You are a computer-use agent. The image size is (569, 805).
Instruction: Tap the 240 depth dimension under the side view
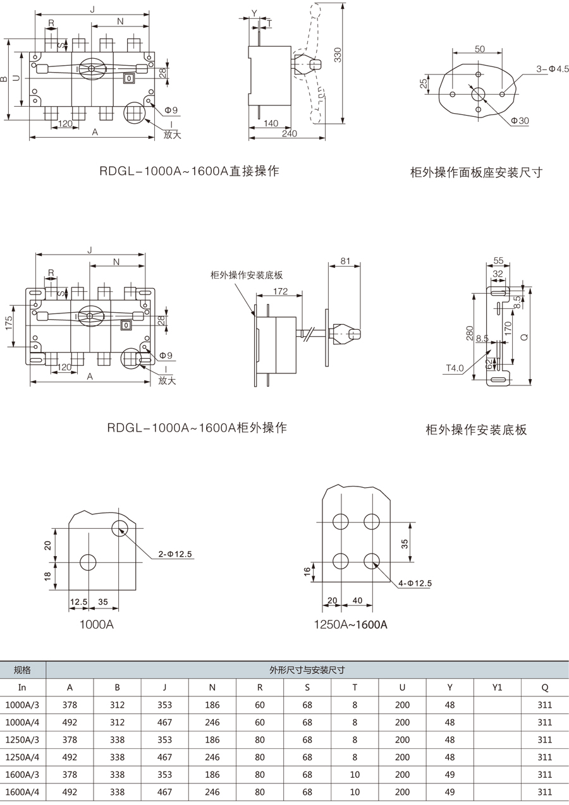click(x=289, y=133)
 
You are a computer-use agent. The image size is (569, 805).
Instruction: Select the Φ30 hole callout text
click(x=520, y=121)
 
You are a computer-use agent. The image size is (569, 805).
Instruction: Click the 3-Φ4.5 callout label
click(x=553, y=68)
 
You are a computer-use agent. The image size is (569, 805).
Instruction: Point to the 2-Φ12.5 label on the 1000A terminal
click(x=175, y=554)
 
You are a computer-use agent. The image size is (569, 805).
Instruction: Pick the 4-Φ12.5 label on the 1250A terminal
click(x=415, y=584)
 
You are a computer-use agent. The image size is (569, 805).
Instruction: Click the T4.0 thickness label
click(x=455, y=368)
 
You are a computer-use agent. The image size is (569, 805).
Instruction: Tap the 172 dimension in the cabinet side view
click(x=281, y=291)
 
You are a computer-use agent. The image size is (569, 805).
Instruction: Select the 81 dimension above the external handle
click(x=346, y=260)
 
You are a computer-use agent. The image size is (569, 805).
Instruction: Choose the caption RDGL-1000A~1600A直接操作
click(x=189, y=171)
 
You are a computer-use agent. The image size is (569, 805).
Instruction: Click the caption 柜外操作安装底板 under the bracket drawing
click(x=476, y=430)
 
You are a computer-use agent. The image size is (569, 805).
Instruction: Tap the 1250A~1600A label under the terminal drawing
click(x=350, y=625)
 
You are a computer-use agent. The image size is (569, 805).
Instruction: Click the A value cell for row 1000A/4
click(x=70, y=722)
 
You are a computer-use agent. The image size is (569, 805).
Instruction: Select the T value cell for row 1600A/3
click(x=355, y=775)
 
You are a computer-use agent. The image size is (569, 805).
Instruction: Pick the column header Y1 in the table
click(x=497, y=687)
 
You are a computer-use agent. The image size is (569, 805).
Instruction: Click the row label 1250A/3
click(x=23, y=739)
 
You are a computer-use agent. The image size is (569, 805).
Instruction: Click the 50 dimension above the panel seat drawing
click(x=479, y=49)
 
